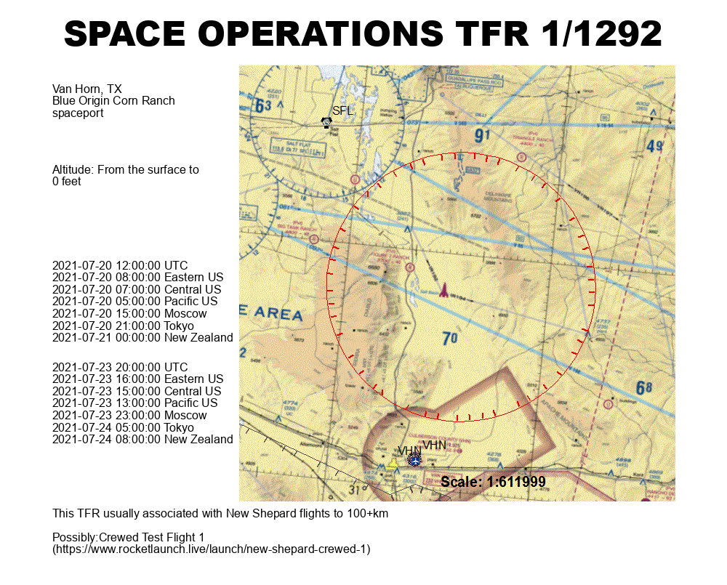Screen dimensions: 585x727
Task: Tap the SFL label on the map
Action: click(342, 111)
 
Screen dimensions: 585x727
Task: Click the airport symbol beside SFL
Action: click(326, 123)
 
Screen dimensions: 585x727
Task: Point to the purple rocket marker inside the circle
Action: click(443, 291)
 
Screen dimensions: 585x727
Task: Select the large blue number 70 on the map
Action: click(450, 338)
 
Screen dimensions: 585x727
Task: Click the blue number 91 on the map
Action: click(483, 136)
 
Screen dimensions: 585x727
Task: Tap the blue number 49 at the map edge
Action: click(654, 147)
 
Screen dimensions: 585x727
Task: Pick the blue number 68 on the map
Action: click(644, 388)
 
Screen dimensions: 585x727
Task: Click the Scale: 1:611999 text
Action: click(493, 482)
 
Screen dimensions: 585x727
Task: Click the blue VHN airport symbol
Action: click(414, 459)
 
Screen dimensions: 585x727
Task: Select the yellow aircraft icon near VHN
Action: click(393, 464)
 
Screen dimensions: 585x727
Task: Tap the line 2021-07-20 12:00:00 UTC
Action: click(120, 265)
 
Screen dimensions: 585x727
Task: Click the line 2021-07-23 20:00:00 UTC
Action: click(120, 367)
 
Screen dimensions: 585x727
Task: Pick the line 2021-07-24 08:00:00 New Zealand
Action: click(142, 439)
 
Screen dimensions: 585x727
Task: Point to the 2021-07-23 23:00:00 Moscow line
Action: click(129, 415)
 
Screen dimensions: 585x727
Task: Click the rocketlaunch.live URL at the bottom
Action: click(212, 549)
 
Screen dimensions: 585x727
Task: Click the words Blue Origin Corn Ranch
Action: click(113, 101)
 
